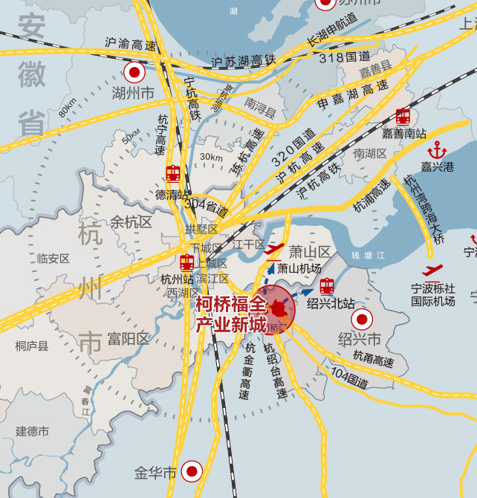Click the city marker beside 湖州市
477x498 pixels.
pos(134,72)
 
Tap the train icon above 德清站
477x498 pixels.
pos(173,173)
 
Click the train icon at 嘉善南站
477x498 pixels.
pos(403,116)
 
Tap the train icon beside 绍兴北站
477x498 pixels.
pos(327,285)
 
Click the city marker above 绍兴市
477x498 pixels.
pos(362,320)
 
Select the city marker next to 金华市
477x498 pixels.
pos(192,470)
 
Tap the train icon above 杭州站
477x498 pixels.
pos(186,262)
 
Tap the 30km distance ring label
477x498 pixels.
pos(211,157)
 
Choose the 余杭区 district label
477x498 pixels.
pos(131,221)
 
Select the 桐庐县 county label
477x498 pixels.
pos(31,345)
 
